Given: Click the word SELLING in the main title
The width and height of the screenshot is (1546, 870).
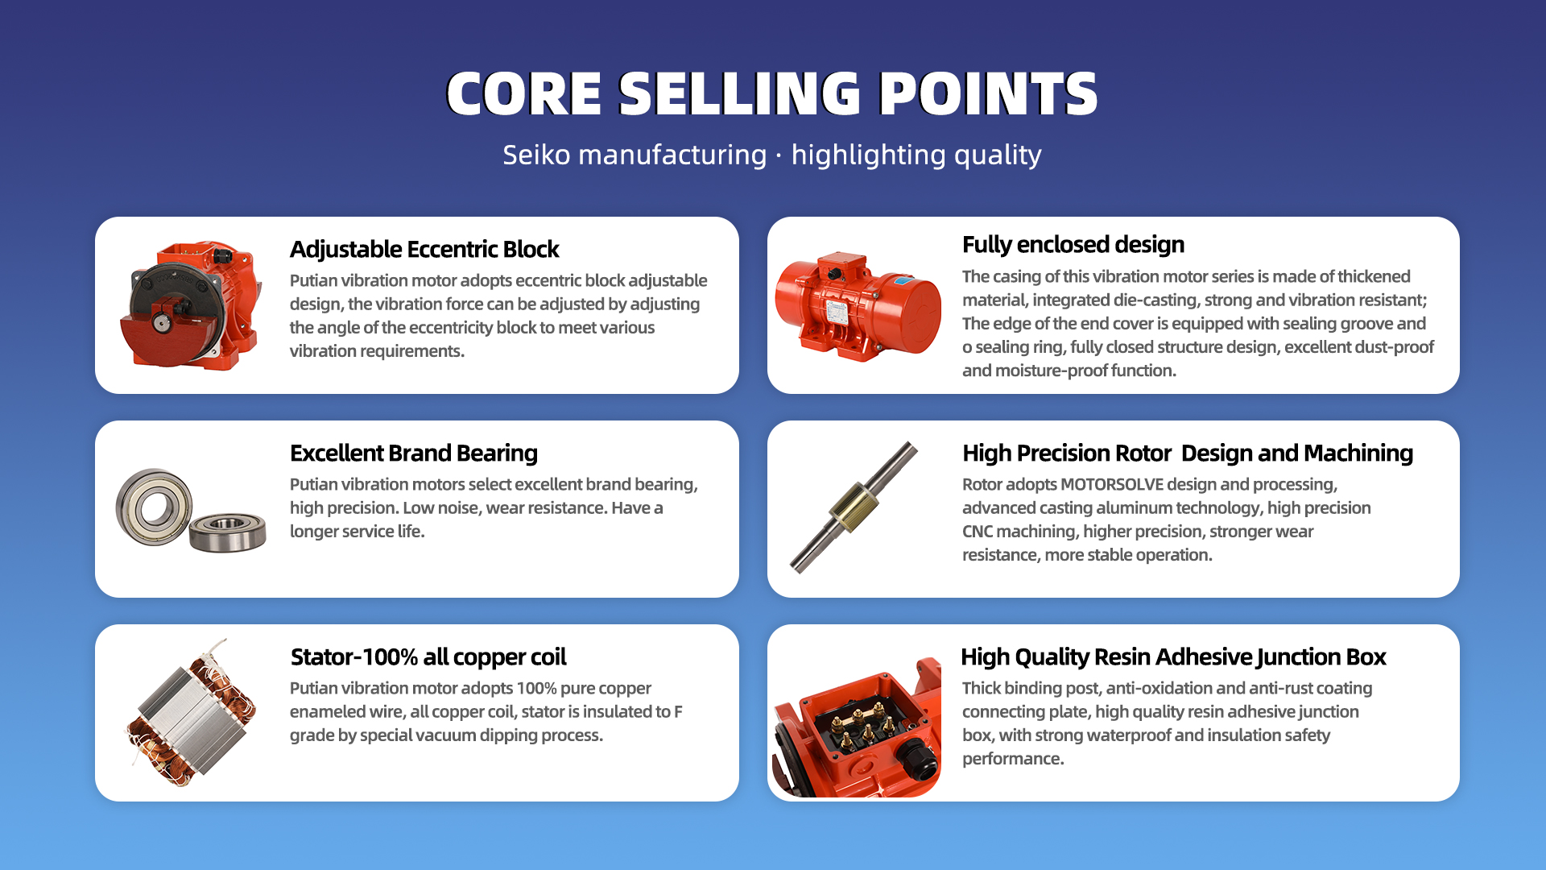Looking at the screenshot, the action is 740,93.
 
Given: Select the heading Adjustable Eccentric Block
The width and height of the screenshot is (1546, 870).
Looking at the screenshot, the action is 424,250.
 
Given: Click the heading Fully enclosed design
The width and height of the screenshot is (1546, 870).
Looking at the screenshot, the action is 1073,245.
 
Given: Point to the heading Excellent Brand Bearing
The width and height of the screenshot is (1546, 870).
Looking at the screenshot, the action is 414,454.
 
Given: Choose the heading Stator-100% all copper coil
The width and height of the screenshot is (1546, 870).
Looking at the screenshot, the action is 428,657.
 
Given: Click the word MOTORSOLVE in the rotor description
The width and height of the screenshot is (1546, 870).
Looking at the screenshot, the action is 1112,484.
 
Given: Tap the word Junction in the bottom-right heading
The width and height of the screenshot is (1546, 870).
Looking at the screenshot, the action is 1296,657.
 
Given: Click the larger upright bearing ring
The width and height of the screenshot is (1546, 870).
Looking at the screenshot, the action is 154,507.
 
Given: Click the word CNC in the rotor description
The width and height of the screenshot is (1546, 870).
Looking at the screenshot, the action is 978,532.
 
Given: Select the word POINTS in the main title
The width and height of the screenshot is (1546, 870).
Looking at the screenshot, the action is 988,93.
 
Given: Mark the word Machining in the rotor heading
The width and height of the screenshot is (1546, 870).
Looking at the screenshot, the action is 1358,454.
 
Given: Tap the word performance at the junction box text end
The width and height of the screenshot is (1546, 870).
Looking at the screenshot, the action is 1013,759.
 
